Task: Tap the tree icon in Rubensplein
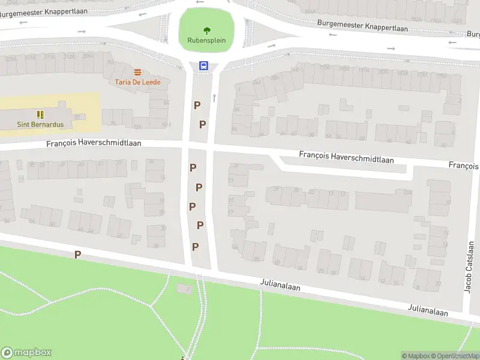tap(206, 31)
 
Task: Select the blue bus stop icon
tap(204, 66)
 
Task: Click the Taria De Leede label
tap(138, 82)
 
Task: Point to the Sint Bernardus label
tap(40, 124)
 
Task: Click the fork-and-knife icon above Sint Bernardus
tap(40, 114)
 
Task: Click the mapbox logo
tap(26, 353)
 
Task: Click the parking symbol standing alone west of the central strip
tap(77, 255)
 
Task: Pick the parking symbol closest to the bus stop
tap(197, 106)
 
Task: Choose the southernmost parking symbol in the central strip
tap(195, 247)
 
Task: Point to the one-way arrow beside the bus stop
tap(214, 97)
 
